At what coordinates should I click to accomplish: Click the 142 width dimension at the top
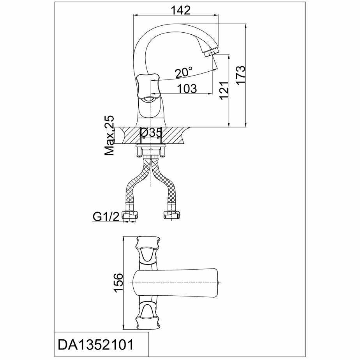181,11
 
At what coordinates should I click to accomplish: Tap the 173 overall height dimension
241,75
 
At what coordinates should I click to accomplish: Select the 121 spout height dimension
224,90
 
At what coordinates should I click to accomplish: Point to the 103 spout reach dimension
187,88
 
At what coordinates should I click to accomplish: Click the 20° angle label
184,72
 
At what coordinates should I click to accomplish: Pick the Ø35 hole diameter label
151,133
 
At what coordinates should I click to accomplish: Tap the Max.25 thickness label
109,136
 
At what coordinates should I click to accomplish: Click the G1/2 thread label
106,216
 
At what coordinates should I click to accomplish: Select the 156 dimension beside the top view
118,282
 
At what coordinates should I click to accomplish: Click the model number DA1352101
95,345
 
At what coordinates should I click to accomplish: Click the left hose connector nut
130,215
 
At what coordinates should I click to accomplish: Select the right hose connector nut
171,215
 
